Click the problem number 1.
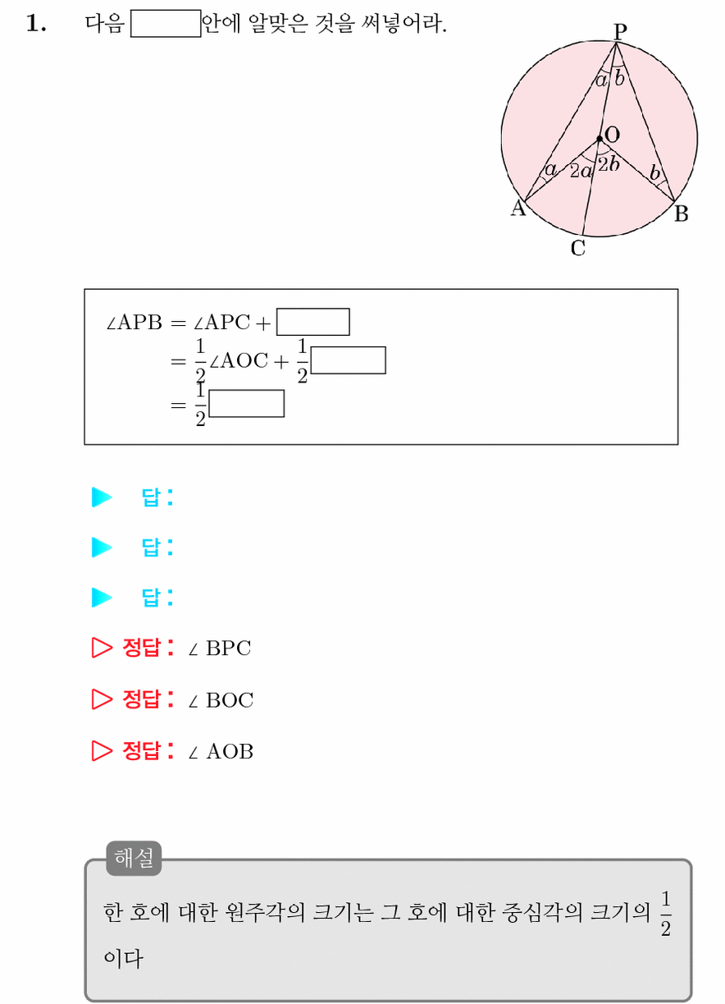36,23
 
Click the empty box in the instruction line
166,23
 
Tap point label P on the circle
620,31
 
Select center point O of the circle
600,139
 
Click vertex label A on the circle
518,208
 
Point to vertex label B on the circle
681,213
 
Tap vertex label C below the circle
577,248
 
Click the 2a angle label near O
581,172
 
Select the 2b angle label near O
609,164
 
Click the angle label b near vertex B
655,172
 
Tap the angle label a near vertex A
550,169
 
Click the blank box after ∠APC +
313,322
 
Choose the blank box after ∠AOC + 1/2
348,360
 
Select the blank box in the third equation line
246,403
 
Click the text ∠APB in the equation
134,323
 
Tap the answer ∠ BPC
220,648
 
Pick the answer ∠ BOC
221,699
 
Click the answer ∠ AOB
221,751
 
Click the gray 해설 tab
134,857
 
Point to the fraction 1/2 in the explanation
666,914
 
